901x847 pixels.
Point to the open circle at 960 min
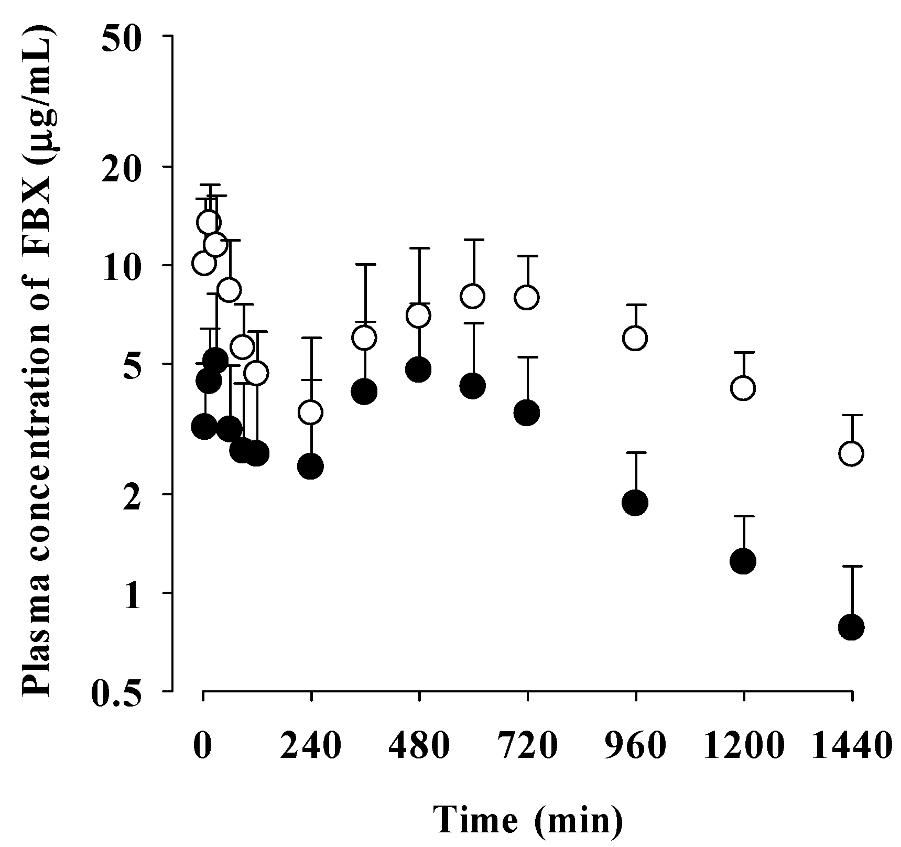[635, 338]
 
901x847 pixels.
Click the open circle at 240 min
[311, 412]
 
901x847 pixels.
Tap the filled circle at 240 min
[311, 466]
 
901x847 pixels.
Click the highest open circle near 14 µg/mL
[209, 222]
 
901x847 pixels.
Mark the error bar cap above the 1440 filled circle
[851, 566]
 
